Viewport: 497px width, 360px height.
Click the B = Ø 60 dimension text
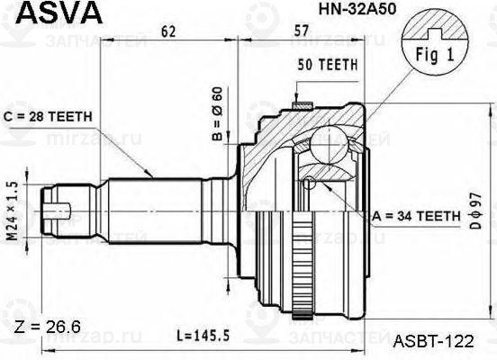coord(216,116)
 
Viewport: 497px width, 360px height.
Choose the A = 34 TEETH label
coord(414,216)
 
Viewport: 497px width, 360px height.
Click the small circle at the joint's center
coord(310,184)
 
